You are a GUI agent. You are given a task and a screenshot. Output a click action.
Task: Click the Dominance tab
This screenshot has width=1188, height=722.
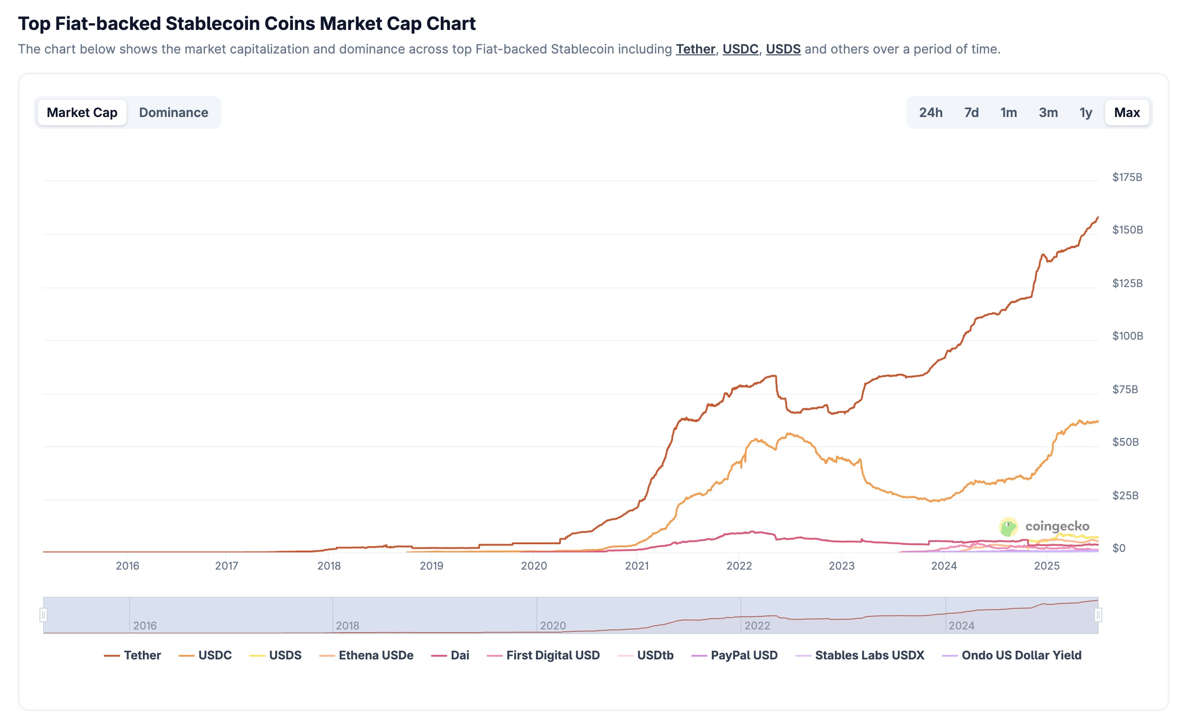[174, 113]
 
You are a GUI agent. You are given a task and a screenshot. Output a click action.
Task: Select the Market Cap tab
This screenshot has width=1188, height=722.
[82, 113]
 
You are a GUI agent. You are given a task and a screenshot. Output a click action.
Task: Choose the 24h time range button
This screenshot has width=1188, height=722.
[930, 113]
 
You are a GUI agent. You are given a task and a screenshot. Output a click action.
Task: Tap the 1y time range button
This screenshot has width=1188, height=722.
[1086, 113]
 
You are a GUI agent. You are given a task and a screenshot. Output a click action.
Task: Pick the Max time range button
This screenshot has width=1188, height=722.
[1127, 113]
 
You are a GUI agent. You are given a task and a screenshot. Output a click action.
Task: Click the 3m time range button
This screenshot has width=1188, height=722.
[1048, 113]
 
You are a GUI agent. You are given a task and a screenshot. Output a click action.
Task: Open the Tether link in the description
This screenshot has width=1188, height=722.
[695, 49]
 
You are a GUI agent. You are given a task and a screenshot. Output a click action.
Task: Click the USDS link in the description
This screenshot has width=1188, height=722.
[783, 49]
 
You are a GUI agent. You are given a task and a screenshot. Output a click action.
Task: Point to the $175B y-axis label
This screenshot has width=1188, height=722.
[1127, 177]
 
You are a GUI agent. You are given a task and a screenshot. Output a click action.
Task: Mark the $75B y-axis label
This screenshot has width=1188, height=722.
[1125, 389]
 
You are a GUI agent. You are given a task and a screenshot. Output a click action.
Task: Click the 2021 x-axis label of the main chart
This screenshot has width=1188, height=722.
[637, 566]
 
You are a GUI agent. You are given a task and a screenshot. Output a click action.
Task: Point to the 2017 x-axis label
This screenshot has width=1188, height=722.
[227, 566]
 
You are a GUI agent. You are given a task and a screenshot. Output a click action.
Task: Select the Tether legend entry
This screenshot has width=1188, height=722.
[133, 655]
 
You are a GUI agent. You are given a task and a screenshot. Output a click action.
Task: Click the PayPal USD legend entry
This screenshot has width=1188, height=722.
[735, 655]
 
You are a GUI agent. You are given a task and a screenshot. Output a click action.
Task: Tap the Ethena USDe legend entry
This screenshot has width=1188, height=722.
[367, 655]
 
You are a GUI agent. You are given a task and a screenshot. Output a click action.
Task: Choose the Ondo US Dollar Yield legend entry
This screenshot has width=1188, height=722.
[1012, 655]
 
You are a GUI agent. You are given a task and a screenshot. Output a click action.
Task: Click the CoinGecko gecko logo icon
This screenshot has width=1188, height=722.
[1008, 527]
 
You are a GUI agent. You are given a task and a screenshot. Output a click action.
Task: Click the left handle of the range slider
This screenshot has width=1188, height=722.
[44, 615]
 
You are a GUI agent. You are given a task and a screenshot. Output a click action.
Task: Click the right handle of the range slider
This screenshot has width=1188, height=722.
[1098, 615]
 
